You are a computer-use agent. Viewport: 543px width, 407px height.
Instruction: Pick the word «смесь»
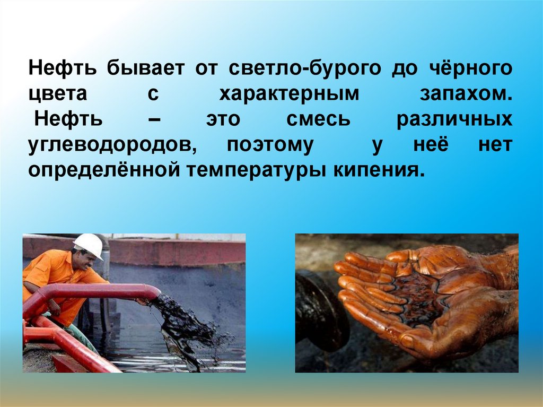click(318, 119)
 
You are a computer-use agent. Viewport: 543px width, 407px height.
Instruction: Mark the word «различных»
click(455, 119)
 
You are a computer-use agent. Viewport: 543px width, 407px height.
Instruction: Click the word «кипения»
click(380, 170)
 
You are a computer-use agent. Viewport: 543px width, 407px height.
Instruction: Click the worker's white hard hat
click(89, 245)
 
